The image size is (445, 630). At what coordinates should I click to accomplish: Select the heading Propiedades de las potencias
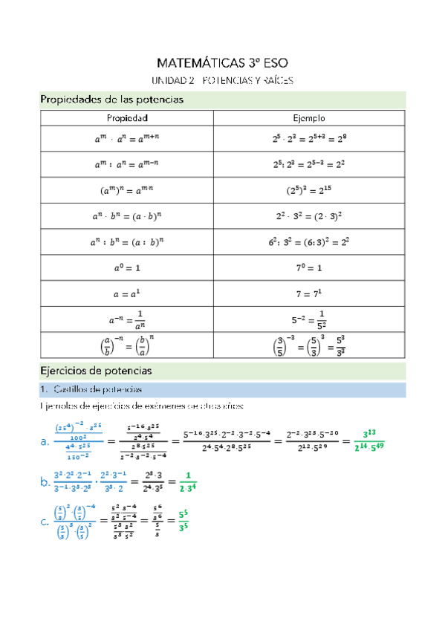[x=111, y=99]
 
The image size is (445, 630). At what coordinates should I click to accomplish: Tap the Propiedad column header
[x=127, y=118]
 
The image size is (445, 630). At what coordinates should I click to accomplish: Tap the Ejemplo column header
[x=309, y=118]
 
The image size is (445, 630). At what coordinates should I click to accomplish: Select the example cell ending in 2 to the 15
[x=309, y=189]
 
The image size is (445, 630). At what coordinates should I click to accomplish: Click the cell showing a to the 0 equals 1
[x=127, y=266]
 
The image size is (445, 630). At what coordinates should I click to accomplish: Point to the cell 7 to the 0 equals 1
[x=309, y=266]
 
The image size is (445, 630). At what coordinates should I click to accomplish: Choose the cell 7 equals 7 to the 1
[x=309, y=292]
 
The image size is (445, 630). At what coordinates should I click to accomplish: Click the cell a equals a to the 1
[x=127, y=292]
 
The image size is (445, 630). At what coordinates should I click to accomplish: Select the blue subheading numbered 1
[x=96, y=389]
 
